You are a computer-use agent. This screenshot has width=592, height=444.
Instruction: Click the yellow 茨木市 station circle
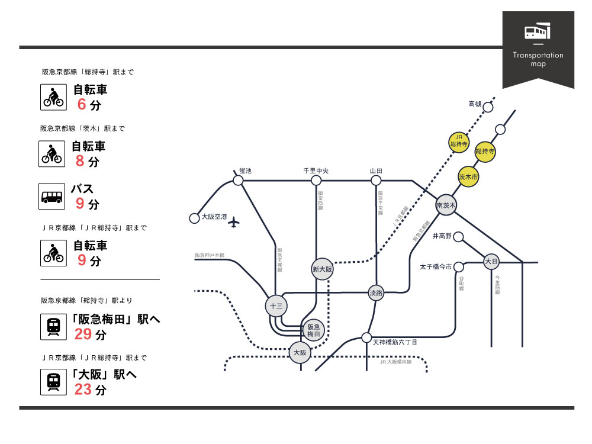[x=468, y=176]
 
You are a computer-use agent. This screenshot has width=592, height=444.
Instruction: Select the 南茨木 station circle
[x=446, y=205]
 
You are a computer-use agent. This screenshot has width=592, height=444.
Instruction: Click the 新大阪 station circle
[x=323, y=269]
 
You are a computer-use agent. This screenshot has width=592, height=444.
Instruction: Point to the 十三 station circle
[x=276, y=305]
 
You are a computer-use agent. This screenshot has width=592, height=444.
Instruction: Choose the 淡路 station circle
[x=376, y=292]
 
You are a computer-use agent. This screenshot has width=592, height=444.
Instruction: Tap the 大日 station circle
[x=491, y=260]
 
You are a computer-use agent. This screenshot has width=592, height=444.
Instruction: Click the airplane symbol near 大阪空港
[x=235, y=222]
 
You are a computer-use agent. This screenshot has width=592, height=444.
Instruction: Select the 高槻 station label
[x=475, y=104]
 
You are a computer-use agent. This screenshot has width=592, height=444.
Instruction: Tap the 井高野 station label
[x=442, y=236]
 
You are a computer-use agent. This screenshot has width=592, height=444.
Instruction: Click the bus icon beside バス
[x=52, y=197]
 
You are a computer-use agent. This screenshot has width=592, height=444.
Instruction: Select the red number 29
[x=83, y=334]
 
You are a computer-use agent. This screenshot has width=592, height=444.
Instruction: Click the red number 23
[x=83, y=390]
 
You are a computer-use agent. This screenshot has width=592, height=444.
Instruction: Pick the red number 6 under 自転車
[x=82, y=104]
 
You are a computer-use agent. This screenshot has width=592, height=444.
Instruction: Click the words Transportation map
[x=538, y=59]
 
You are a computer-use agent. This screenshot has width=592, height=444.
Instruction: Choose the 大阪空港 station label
[x=214, y=217]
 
